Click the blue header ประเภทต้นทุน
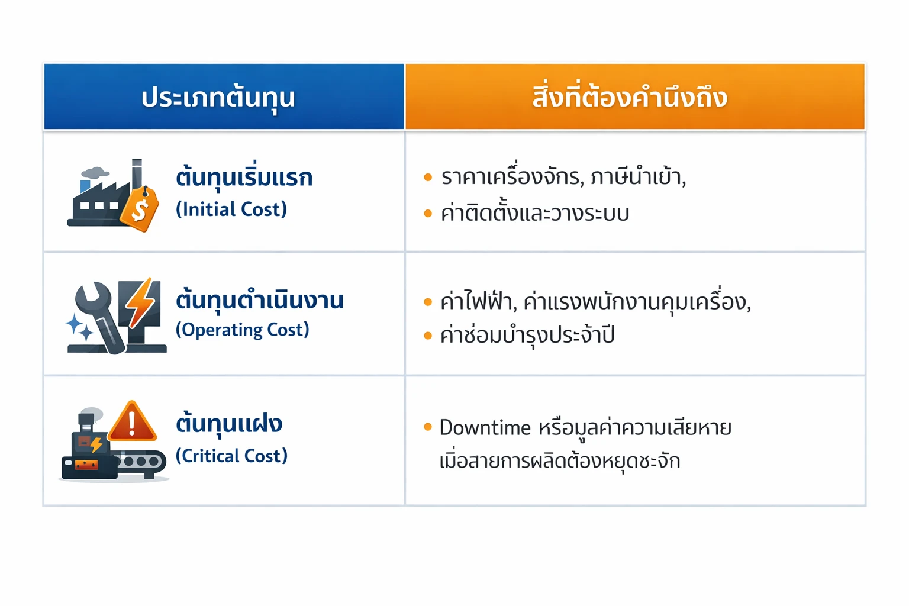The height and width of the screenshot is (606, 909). tap(218, 98)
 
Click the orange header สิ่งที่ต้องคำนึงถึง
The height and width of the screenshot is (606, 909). tap(630, 98)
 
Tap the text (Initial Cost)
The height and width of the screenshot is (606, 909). tap(231, 209)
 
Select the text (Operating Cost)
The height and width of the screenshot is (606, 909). tap(243, 330)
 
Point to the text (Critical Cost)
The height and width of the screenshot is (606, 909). tap(231, 456)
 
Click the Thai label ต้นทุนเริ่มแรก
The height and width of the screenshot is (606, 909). tap(244, 178)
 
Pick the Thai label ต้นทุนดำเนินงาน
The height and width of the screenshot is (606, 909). tap(259, 300)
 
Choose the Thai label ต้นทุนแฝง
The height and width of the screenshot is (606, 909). tap(229, 424)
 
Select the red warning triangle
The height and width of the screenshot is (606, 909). tap(132, 423)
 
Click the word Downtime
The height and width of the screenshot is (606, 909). tap(485, 427)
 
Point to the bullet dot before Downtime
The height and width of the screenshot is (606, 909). tap(428, 427)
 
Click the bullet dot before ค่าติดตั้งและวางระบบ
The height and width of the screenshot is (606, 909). tap(428, 214)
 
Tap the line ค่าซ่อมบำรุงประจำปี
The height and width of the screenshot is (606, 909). tap(527, 336)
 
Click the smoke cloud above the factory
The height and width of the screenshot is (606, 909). tap(95, 173)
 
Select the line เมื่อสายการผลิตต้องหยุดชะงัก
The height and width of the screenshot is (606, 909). tap(560, 461)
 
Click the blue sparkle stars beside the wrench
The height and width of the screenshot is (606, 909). tap(79, 327)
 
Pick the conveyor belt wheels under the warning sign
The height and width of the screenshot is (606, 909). tap(142, 460)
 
